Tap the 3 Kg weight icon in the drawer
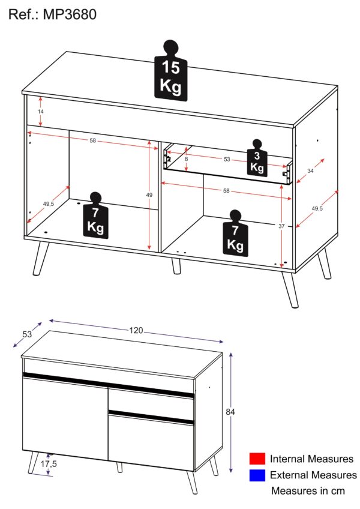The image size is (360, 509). click(257, 158)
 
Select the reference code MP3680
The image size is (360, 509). click(70, 14)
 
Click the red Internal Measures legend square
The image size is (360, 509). click(257, 459)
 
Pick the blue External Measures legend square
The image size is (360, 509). click(257, 475)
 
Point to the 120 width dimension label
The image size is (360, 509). click(136, 331)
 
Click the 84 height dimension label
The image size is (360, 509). click(230, 412)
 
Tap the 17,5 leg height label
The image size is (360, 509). click(49, 464)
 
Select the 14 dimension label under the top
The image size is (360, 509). click(41, 112)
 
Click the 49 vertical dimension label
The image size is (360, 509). click(149, 194)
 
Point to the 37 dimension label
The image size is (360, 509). click(281, 226)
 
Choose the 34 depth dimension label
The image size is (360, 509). click(310, 170)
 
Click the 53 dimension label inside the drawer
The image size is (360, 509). click(227, 159)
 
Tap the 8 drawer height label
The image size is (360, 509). click(186, 159)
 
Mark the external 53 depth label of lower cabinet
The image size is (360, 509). click(27, 334)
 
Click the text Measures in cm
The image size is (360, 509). click(308, 490)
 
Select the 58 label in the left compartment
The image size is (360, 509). click(93, 140)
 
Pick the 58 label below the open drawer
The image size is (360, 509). click(226, 190)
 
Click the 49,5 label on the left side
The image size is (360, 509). click(48, 204)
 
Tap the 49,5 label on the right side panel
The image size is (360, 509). click(317, 208)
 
